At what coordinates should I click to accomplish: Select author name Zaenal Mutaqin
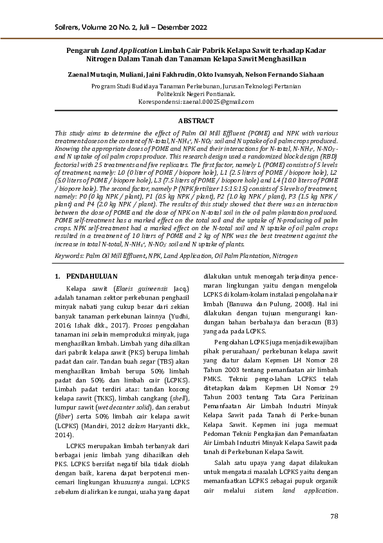(x=86, y=74)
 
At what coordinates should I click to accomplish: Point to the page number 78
(x=333, y=516)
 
